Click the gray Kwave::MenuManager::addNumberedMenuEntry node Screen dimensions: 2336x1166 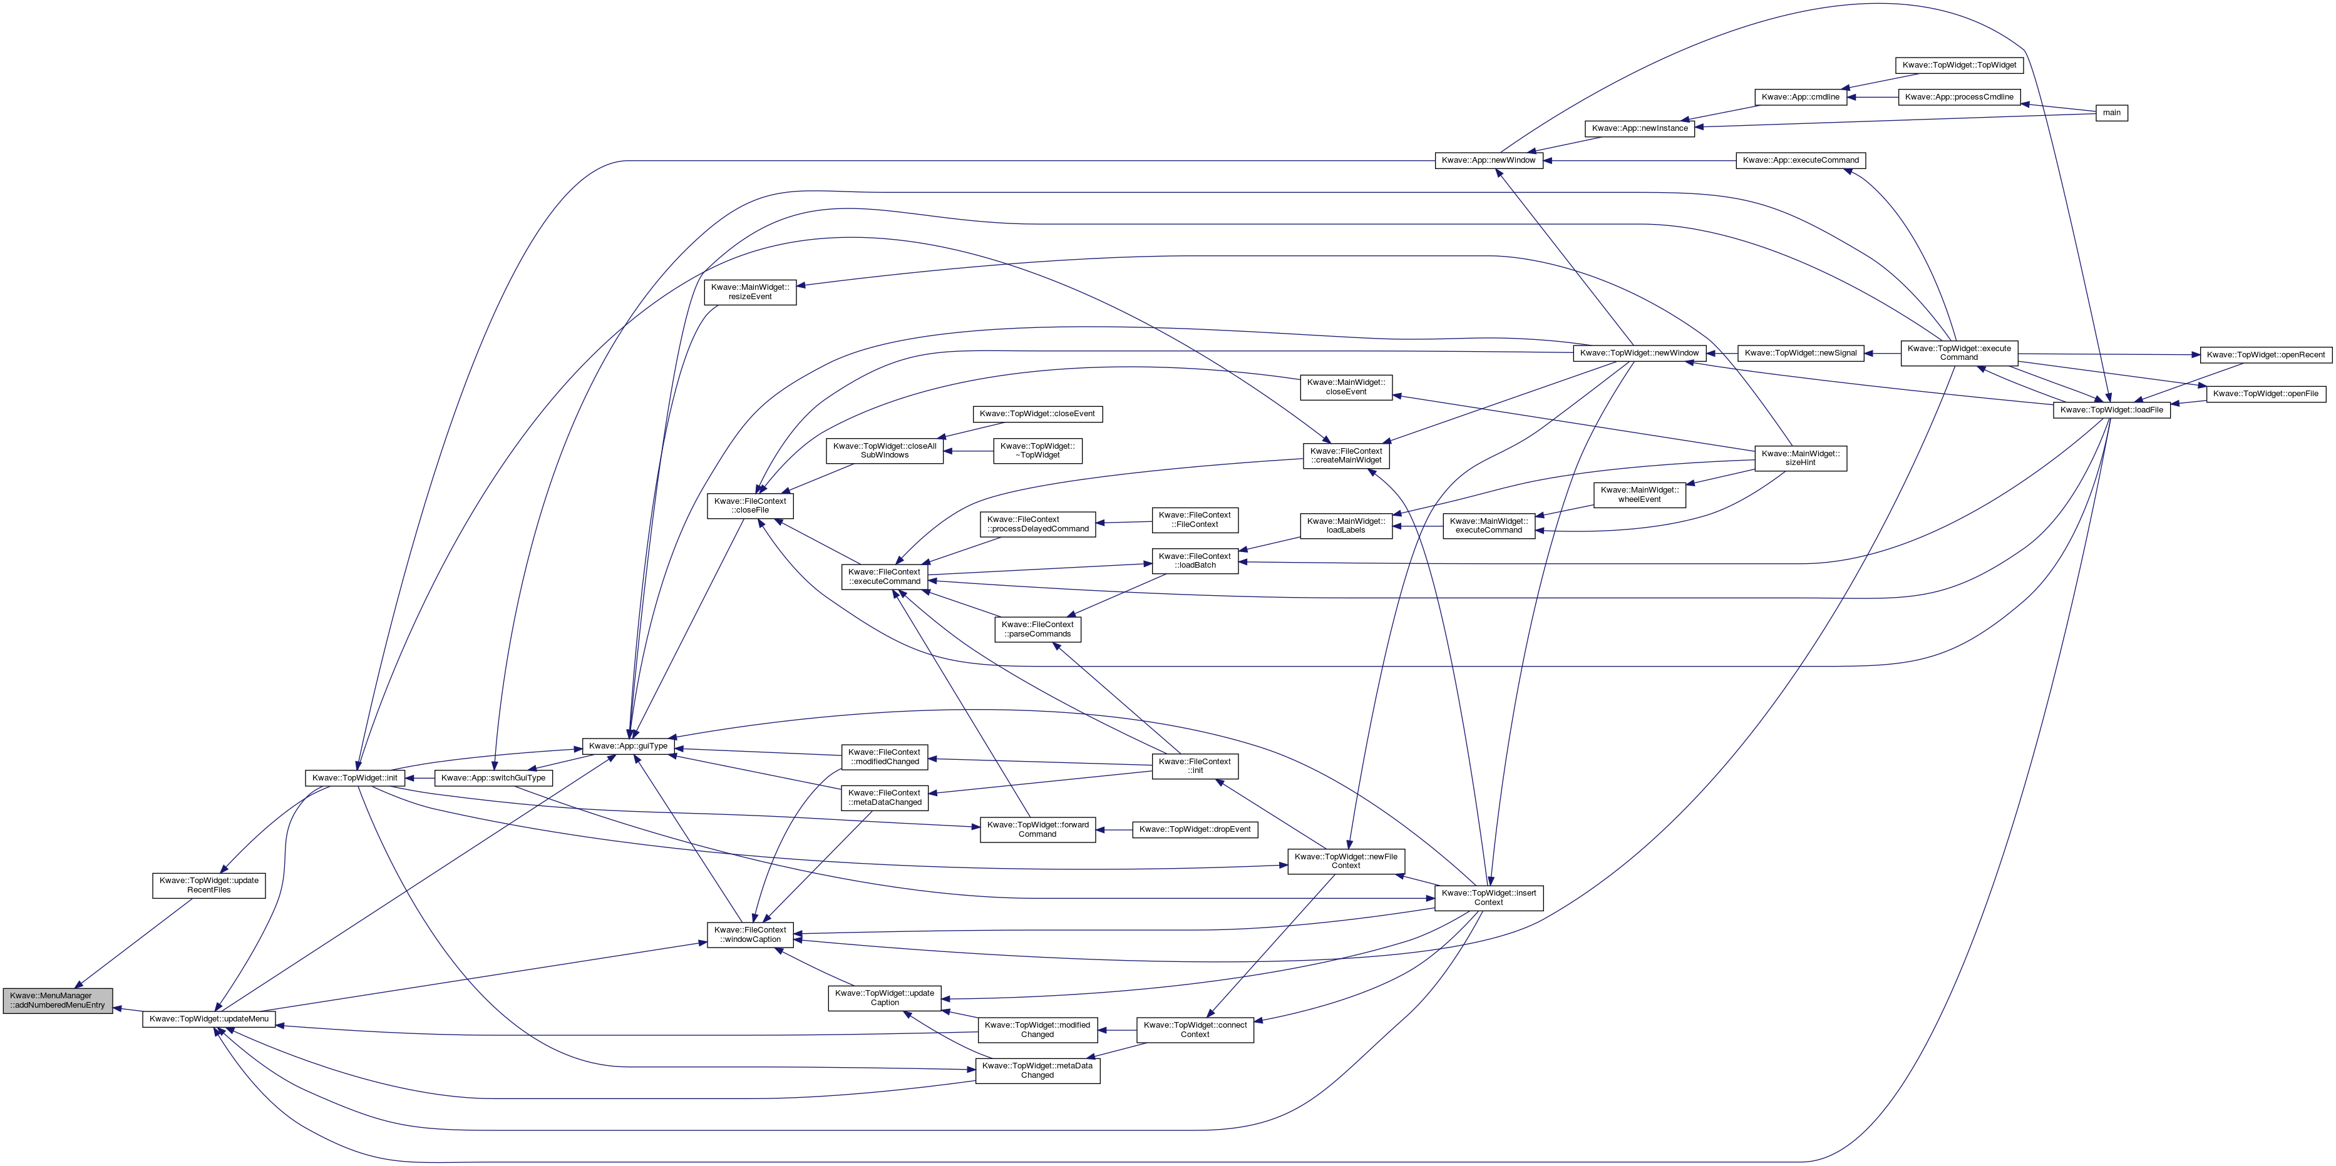coord(58,1000)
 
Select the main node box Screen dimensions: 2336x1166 coord(2112,113)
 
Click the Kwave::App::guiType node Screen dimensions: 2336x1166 coord(627,745)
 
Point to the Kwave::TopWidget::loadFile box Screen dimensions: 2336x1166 coord(2111,410)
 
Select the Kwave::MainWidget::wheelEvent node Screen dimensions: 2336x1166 coord(1640,494)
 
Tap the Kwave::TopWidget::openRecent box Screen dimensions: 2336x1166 coord(2265,354)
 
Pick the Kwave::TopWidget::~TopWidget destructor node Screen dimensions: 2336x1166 coord(1037,450)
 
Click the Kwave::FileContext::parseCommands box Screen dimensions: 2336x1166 coord(1037,628)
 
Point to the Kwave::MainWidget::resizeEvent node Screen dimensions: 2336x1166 coord(750,292)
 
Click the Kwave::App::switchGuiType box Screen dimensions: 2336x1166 coord(493,778)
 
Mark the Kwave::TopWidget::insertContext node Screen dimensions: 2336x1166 coord(1488,898)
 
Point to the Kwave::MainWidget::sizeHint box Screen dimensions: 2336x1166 coord(1800,458)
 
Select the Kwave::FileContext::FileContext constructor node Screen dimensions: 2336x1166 coord(1195,519)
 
